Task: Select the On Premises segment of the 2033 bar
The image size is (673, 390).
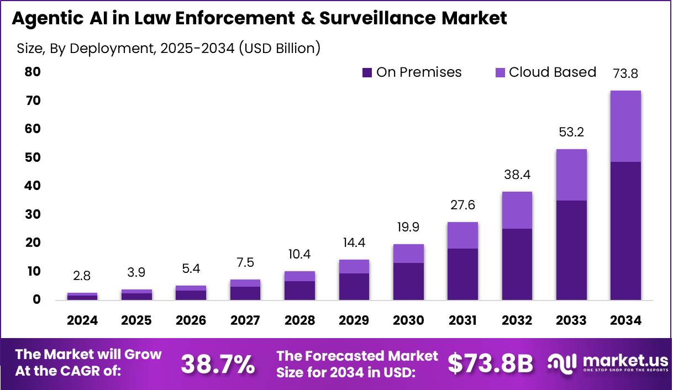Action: pos(571,250)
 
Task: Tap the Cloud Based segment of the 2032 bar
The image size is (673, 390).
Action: pos(517,210)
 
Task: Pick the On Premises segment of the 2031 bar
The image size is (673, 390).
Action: pos(462,274)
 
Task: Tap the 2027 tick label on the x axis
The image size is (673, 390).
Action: pos(245,321)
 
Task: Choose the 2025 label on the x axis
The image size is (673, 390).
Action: pos(136,321)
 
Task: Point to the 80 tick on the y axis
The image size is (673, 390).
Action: pos(33,72)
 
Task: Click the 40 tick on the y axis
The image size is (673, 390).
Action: pos(33,186)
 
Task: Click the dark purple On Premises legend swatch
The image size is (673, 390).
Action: pos(367,72)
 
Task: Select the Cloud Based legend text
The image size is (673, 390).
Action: pos(552,72)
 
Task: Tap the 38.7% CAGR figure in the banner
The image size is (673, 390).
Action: pos(218,364)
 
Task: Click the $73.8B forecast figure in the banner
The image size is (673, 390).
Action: pos(490,364)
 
